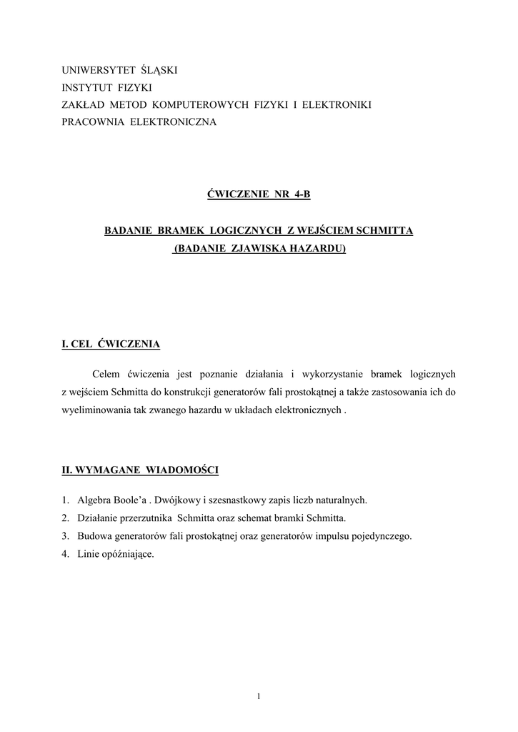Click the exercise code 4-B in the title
[x=301, y=194]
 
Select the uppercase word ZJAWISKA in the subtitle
[x=260, y=248]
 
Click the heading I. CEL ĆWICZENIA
[x=111, y=344]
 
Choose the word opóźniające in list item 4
[x=126, y=553]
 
